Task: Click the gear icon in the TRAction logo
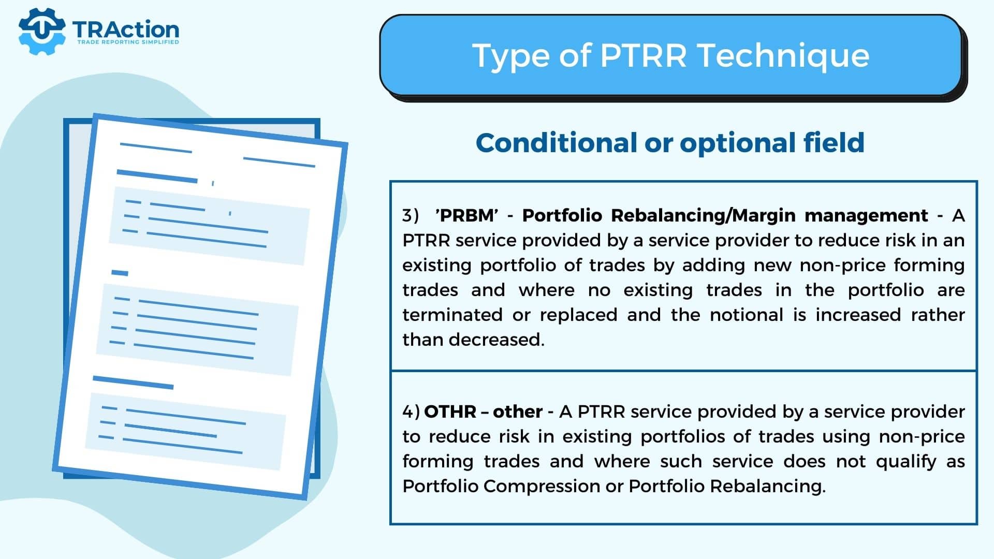42,31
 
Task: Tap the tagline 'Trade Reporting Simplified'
128,42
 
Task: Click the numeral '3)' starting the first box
411,215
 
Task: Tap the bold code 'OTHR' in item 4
450,411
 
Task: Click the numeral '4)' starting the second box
411,411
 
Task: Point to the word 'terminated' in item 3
452,315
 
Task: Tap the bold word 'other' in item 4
518,411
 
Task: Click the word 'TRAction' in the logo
126,29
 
